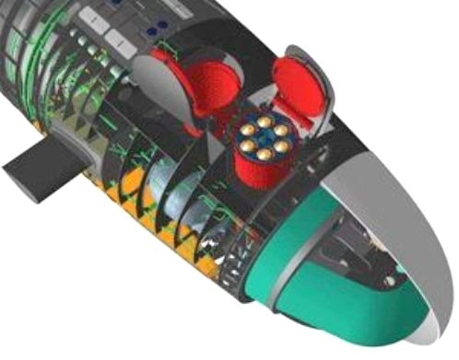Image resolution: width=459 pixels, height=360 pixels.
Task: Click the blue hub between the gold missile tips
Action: point(263,138)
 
